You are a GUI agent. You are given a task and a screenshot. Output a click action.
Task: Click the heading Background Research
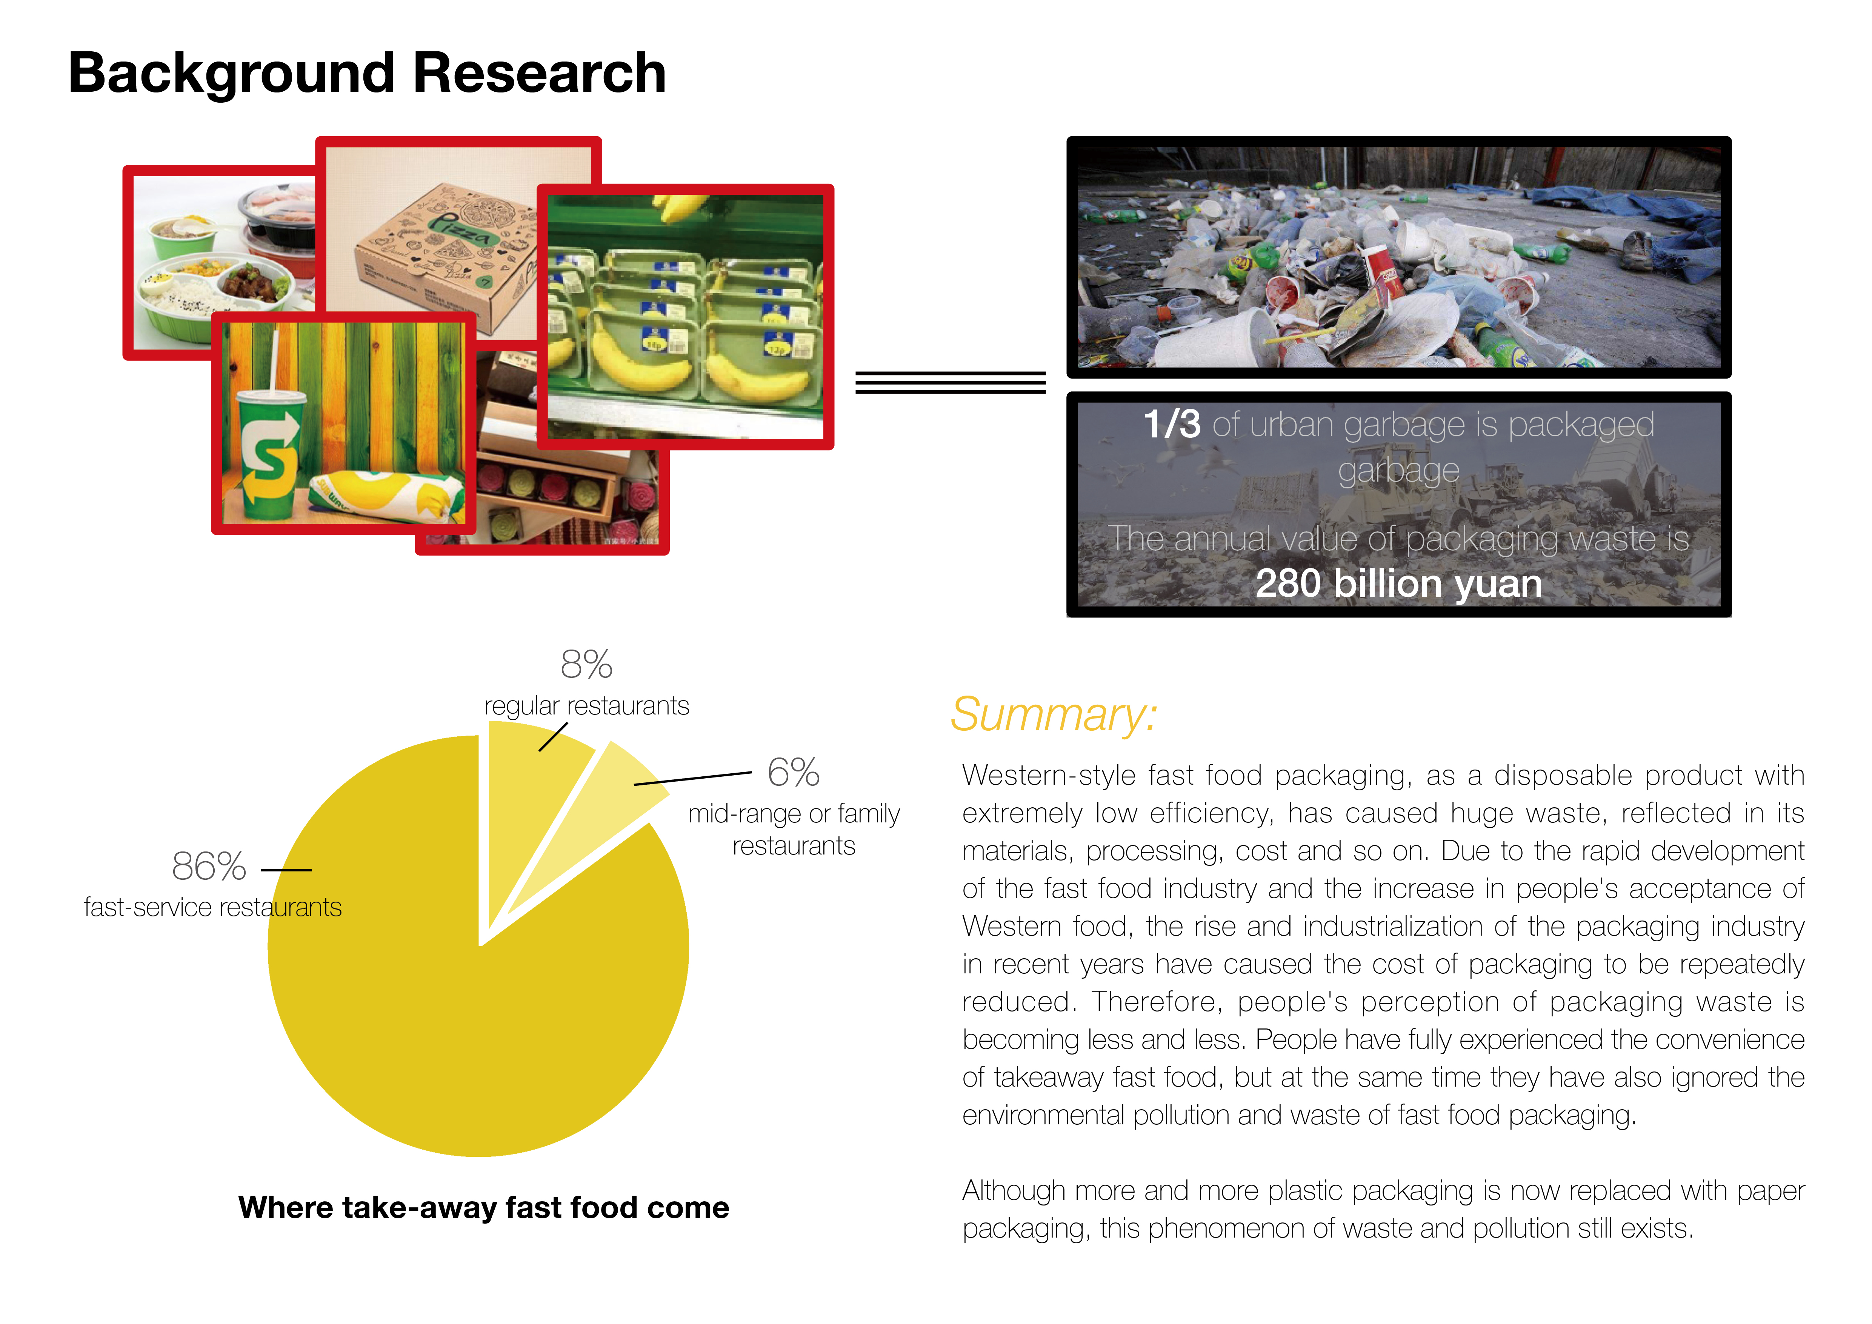tap(367, 73)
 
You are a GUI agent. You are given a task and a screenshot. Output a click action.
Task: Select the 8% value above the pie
tap(586, 664)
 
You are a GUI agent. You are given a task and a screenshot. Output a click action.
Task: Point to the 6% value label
tap(792, 772)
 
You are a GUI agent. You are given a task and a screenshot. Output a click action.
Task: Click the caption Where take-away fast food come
tap(483, 1207)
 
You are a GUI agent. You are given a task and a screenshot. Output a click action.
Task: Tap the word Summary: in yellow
tap(1054, 715)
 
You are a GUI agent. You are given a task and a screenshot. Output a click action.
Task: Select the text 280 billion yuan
tap(1398, 584)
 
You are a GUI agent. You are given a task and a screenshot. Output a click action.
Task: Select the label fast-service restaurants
tap(213, 907)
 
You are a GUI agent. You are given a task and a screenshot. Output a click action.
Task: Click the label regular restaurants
tap(586, 706)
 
